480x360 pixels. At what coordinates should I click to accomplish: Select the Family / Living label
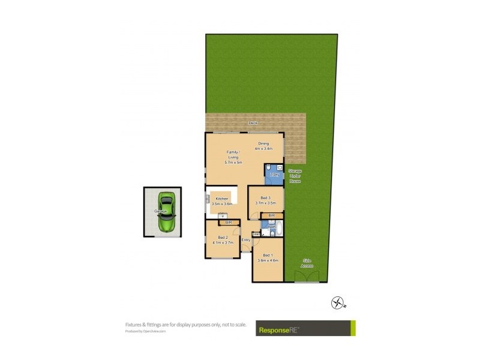[x=233, y=155]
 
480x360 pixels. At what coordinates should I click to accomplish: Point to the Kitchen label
[x=222, y=199]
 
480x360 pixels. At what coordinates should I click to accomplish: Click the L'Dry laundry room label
[x=274, y=174]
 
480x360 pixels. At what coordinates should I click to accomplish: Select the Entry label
[x=246, y=240]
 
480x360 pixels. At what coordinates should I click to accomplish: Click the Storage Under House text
[x=295, y=175]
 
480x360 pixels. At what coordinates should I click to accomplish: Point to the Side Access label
[x=307, y=262]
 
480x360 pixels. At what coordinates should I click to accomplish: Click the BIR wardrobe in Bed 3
[x=272, y=215]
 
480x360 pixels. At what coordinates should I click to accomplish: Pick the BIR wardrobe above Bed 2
[x=228, y=223]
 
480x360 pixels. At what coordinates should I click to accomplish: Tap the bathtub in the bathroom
[x=280, y=229]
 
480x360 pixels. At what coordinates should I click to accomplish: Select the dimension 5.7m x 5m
[x=233, y=163]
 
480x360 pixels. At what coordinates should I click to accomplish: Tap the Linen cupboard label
[x=256, y=233]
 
